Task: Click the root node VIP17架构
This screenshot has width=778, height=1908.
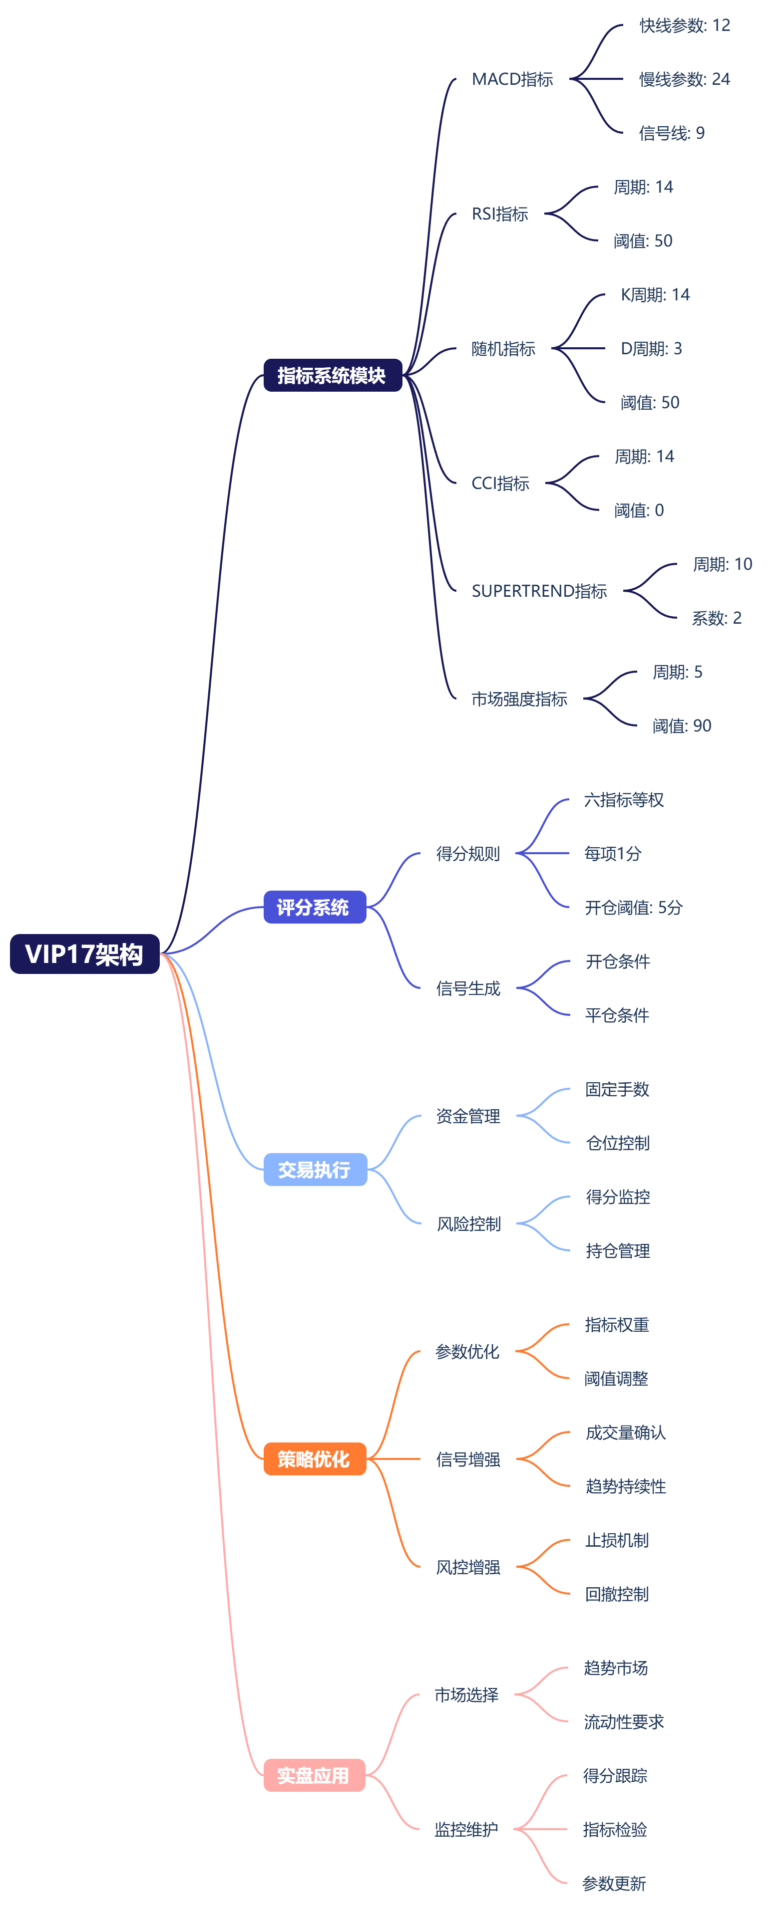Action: coord(84,954)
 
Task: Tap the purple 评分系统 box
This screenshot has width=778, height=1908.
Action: coord(314,907)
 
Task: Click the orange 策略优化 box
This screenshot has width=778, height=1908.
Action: coord(314,1458)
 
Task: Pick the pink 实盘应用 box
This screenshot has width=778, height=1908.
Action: coord(314,1775)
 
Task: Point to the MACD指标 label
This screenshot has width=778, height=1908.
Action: coord(512,79)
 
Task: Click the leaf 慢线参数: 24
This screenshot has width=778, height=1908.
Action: coord(684,79)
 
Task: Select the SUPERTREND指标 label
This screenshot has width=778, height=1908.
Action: coord(539,591)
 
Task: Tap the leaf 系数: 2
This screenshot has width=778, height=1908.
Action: coord(716,618)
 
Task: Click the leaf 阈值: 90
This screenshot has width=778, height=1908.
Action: coord(681,726)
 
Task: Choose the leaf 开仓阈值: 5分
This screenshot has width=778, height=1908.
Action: coord(633,907)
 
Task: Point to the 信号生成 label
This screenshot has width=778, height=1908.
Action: coord(467,988)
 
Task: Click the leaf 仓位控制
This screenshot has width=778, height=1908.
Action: coord(617,1143)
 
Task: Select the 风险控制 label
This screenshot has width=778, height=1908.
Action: coord(468,1223)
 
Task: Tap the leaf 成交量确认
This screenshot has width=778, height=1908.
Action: coord(625,1432)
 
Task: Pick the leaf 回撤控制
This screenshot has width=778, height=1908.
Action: coord(617,1594)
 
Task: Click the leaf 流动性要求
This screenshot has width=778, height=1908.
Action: coord(623,1721)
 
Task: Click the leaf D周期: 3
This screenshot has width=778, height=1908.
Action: coord(651,348)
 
